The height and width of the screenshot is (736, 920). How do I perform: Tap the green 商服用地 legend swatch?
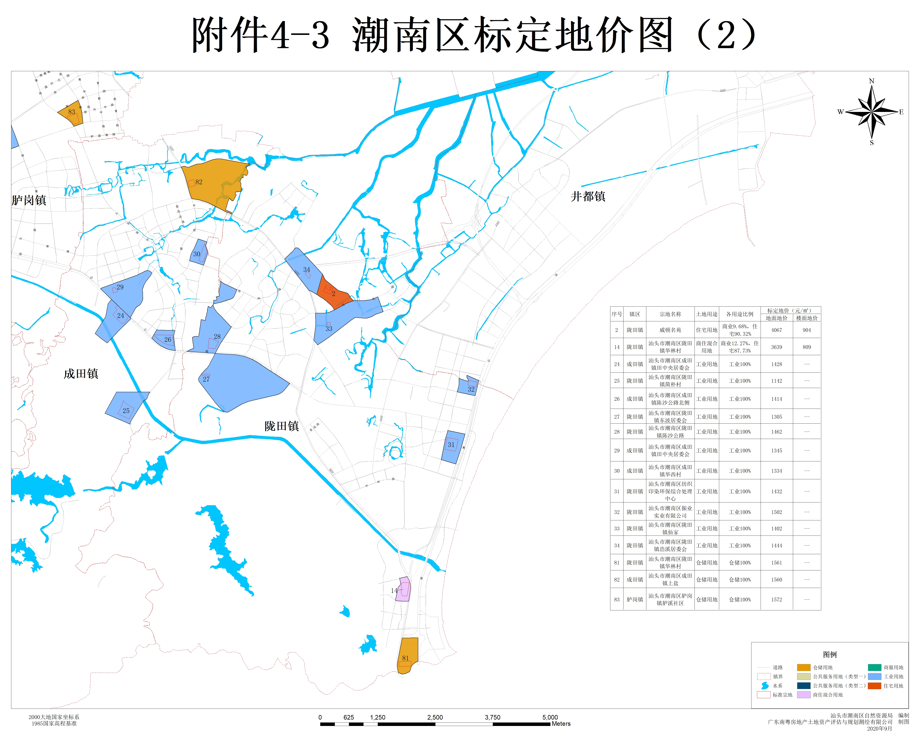(x=874, y=667)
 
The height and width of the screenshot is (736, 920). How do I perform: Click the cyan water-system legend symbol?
(x=765, y=686)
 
